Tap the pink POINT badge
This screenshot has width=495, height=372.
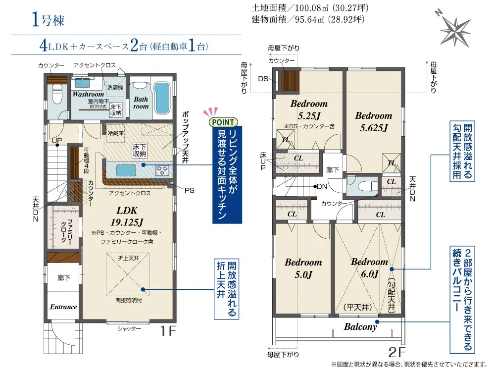click(x=223, y=122)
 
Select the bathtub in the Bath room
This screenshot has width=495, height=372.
click(x=162, y=98)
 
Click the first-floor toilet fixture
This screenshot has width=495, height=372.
click(x=57, y=95)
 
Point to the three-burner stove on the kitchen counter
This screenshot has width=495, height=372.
click(x=162, y=171)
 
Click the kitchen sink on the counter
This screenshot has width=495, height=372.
click(x=126, y=170)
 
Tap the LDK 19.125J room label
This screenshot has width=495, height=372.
click(x=127, y=216)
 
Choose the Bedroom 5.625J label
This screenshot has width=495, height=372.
click(x=374, y=121)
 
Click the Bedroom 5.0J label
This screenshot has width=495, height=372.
click(x=303, y=268)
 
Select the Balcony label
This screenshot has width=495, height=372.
click(x=360, y=326)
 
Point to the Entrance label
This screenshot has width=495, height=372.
click(x=63, y=307)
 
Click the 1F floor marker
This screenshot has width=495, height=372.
click(x=168, y=330)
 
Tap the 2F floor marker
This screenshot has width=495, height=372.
click(x=397, y=352)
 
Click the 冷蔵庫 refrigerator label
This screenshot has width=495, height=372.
click(x=115, y=133)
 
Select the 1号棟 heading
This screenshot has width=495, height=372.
click(x=48, y=20)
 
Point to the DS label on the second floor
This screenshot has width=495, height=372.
click(x=263, y=79)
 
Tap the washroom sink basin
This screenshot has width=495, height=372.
click(x=82, y=83)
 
